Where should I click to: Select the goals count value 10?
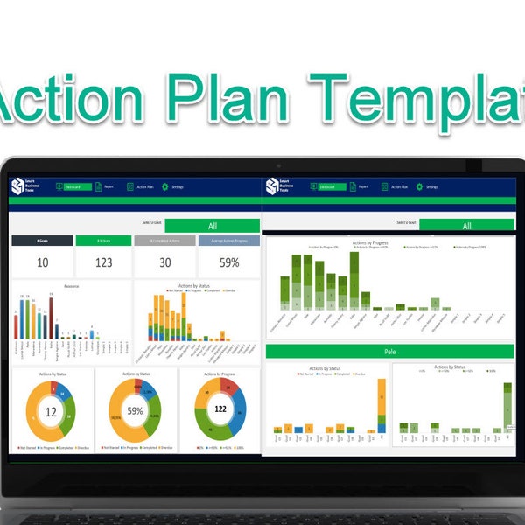point(42,262)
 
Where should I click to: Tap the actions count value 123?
point(104,262)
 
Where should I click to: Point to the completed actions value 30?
point(165,262)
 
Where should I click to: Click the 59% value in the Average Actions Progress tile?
point(229,262)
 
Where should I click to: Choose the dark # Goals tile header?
point(42,241)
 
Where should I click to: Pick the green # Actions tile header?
point(104,241)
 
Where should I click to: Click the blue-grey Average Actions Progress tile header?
point(229,241)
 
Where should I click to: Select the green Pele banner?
point(390,351)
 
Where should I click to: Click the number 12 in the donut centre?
point(51,411)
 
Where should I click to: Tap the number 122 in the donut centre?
point(220,409)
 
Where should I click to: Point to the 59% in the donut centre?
point(136,410)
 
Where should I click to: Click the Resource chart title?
point(73,285)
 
